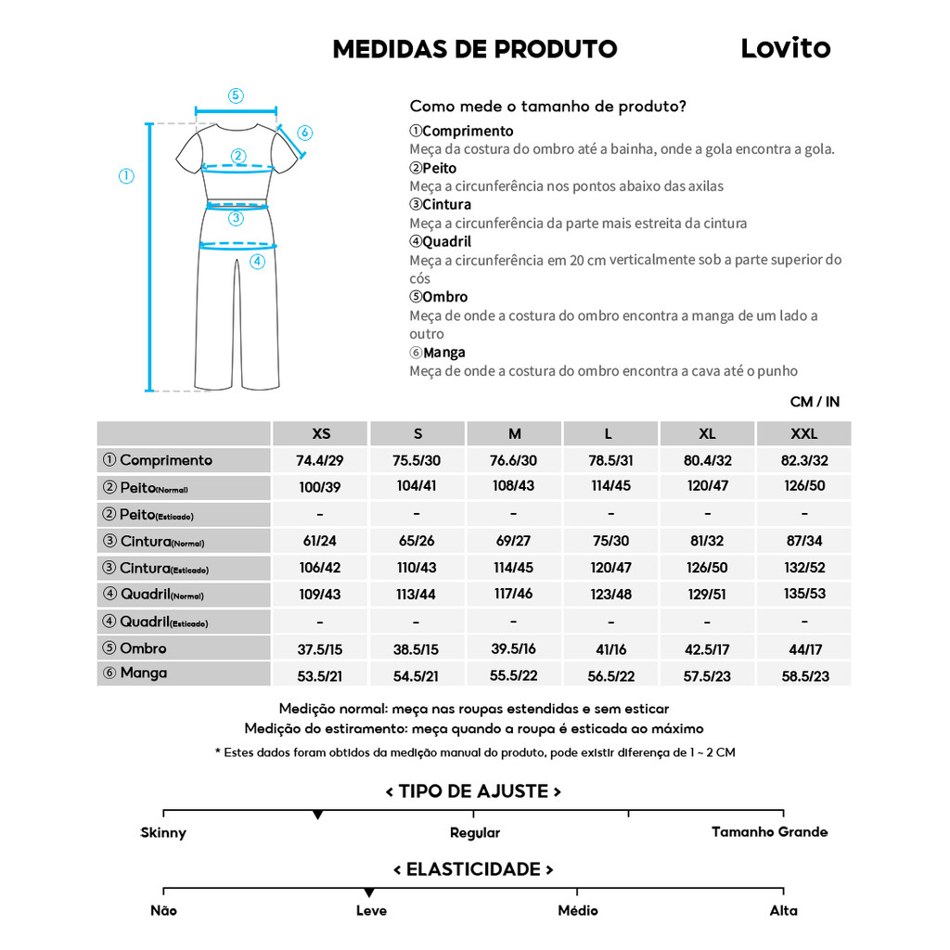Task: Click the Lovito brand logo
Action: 785,48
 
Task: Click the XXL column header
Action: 803,433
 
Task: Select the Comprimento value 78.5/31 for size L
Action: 610,460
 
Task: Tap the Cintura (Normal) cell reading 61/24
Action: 320,541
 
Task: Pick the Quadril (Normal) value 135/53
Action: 803,594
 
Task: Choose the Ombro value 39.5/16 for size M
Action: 514,648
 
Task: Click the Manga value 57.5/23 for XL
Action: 707,675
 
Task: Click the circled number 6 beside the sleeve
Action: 305,132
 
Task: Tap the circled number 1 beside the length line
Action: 126,176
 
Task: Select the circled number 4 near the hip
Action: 257,262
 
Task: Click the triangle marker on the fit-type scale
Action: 318,815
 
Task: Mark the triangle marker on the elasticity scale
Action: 369,892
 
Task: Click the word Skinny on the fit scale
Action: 163,833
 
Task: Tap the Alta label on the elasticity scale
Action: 783,910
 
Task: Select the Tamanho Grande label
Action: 769,832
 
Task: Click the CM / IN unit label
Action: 815,402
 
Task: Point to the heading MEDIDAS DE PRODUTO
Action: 475,49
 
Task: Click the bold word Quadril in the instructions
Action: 446,241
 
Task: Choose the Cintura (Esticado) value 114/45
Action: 514,568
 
